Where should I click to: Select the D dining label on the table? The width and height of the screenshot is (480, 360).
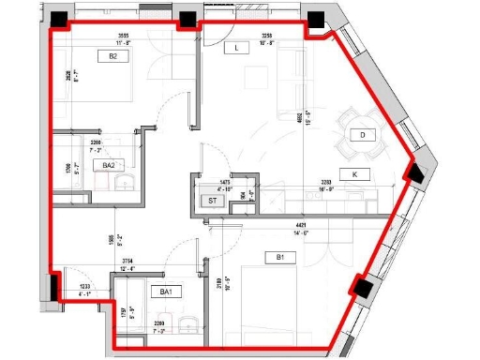coord(361,135)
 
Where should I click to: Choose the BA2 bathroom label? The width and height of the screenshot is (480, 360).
coord(109,165)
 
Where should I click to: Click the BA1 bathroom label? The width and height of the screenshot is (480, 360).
coord(167,292)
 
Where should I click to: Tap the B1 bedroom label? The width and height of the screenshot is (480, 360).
coord(279,257)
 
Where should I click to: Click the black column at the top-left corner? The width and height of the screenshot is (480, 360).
coord(62,19)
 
